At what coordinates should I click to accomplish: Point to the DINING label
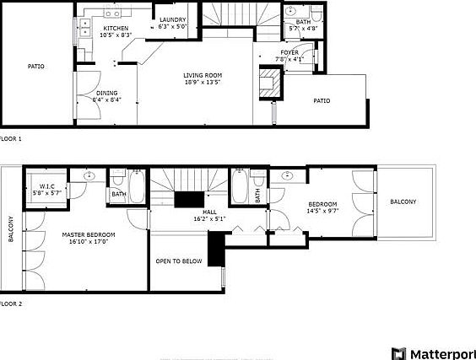coord(106,93)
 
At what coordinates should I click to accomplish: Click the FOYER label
coord(289,53)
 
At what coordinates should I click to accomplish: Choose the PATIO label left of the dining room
coord(35,66)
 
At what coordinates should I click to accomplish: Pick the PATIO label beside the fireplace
coord(322,100)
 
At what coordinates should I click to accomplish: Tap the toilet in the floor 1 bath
coord(316,14)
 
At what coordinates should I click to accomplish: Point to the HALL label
coord(209,212)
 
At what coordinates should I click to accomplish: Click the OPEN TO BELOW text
coord(178,261)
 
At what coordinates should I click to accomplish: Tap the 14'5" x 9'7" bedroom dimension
coord(322,211)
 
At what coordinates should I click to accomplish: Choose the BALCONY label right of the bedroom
coord(403,202)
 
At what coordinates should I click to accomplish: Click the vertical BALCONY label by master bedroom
coord(11,229)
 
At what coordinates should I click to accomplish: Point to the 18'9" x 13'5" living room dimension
coord(200,83)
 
